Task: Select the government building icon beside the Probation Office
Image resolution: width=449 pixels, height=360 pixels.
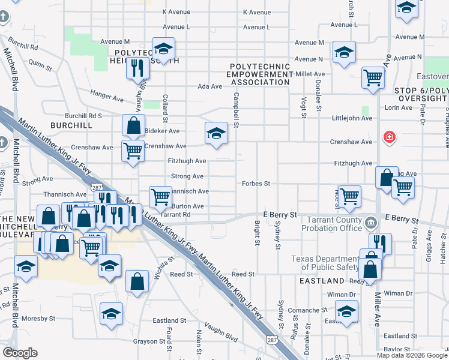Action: (372, 224)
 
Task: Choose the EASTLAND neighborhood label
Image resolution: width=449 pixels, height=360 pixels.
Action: (323, 281)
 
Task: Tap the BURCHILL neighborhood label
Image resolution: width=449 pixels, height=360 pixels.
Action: (71, 126)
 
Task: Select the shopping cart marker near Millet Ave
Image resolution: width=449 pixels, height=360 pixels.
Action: (373, 78)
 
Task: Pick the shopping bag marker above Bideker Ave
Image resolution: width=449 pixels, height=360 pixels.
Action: (133, 126)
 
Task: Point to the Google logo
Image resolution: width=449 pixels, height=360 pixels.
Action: (20, 353)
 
